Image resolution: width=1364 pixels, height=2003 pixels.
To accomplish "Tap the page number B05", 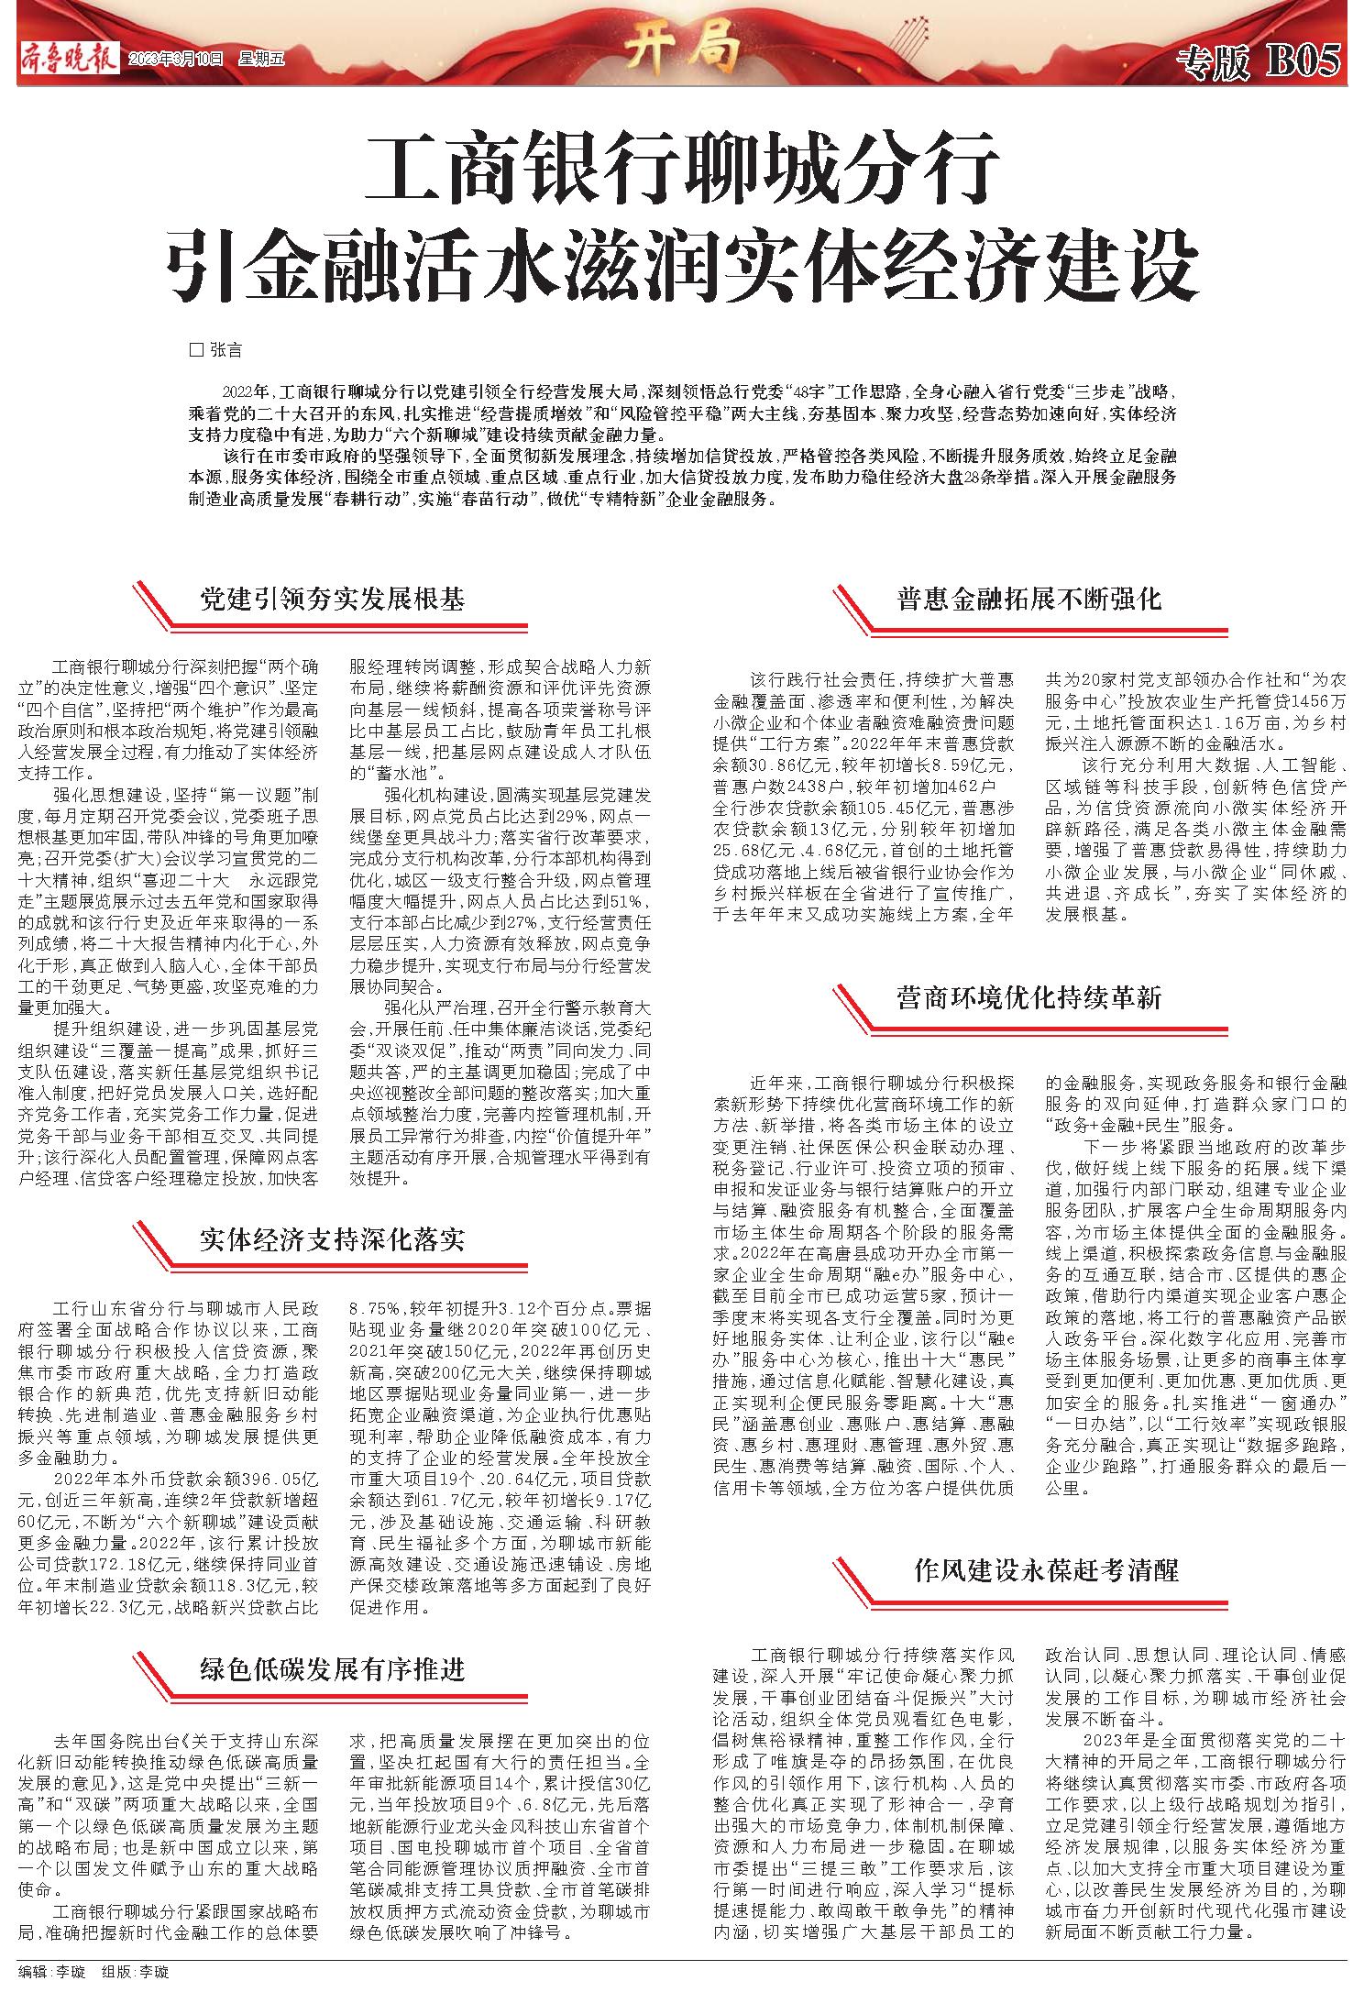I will pyautogui.click(x=1303, y=62).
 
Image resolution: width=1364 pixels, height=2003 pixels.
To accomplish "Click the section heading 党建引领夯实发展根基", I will pyautogui.click(x=333, y=600).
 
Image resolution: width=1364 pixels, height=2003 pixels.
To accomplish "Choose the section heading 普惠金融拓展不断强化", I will pyautogui.click(x=1028, y=600).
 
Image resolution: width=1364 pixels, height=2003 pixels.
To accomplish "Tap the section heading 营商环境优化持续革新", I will pyautogui.click(x=1028, y=997).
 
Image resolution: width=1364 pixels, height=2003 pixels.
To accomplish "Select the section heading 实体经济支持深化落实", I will pyautogui.click(x=333, y=1240).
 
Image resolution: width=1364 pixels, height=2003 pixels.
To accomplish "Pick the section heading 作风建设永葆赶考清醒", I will pyautogui.click(x=1046, y=1570).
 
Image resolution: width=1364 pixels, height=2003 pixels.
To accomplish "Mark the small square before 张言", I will pyautogui.click(x=194, y=350).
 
